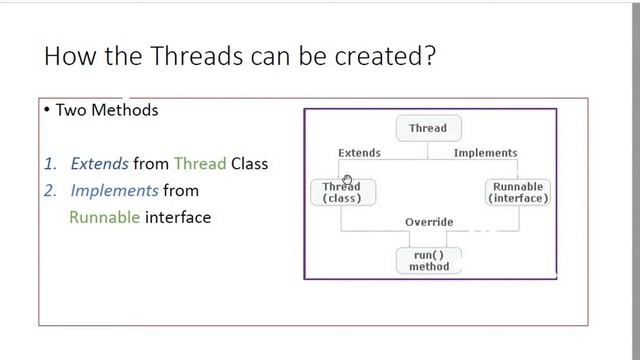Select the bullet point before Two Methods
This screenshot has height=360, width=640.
click(47, 110)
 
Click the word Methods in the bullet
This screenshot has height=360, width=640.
click(125, 110)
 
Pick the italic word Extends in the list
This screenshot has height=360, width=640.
click(99, 163)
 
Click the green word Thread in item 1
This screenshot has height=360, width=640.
click(200, 163)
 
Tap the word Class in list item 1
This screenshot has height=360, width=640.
click(249, 163)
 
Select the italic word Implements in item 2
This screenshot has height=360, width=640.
click(114, 190)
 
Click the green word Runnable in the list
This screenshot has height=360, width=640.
click(104, 217)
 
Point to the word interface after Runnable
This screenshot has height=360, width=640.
click(178, 217)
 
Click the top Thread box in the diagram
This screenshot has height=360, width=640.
click(428, 128)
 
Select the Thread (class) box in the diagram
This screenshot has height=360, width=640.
click(342, 192)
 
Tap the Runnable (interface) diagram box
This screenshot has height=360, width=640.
click(517, 192)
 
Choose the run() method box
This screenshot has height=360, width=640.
click(429, 260)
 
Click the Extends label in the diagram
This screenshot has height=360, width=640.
click(359, 153)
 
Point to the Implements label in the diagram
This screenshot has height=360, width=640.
click(485, 153)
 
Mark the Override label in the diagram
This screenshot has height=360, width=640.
click(429, 222)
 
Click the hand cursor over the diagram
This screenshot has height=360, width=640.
click(347, 180)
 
